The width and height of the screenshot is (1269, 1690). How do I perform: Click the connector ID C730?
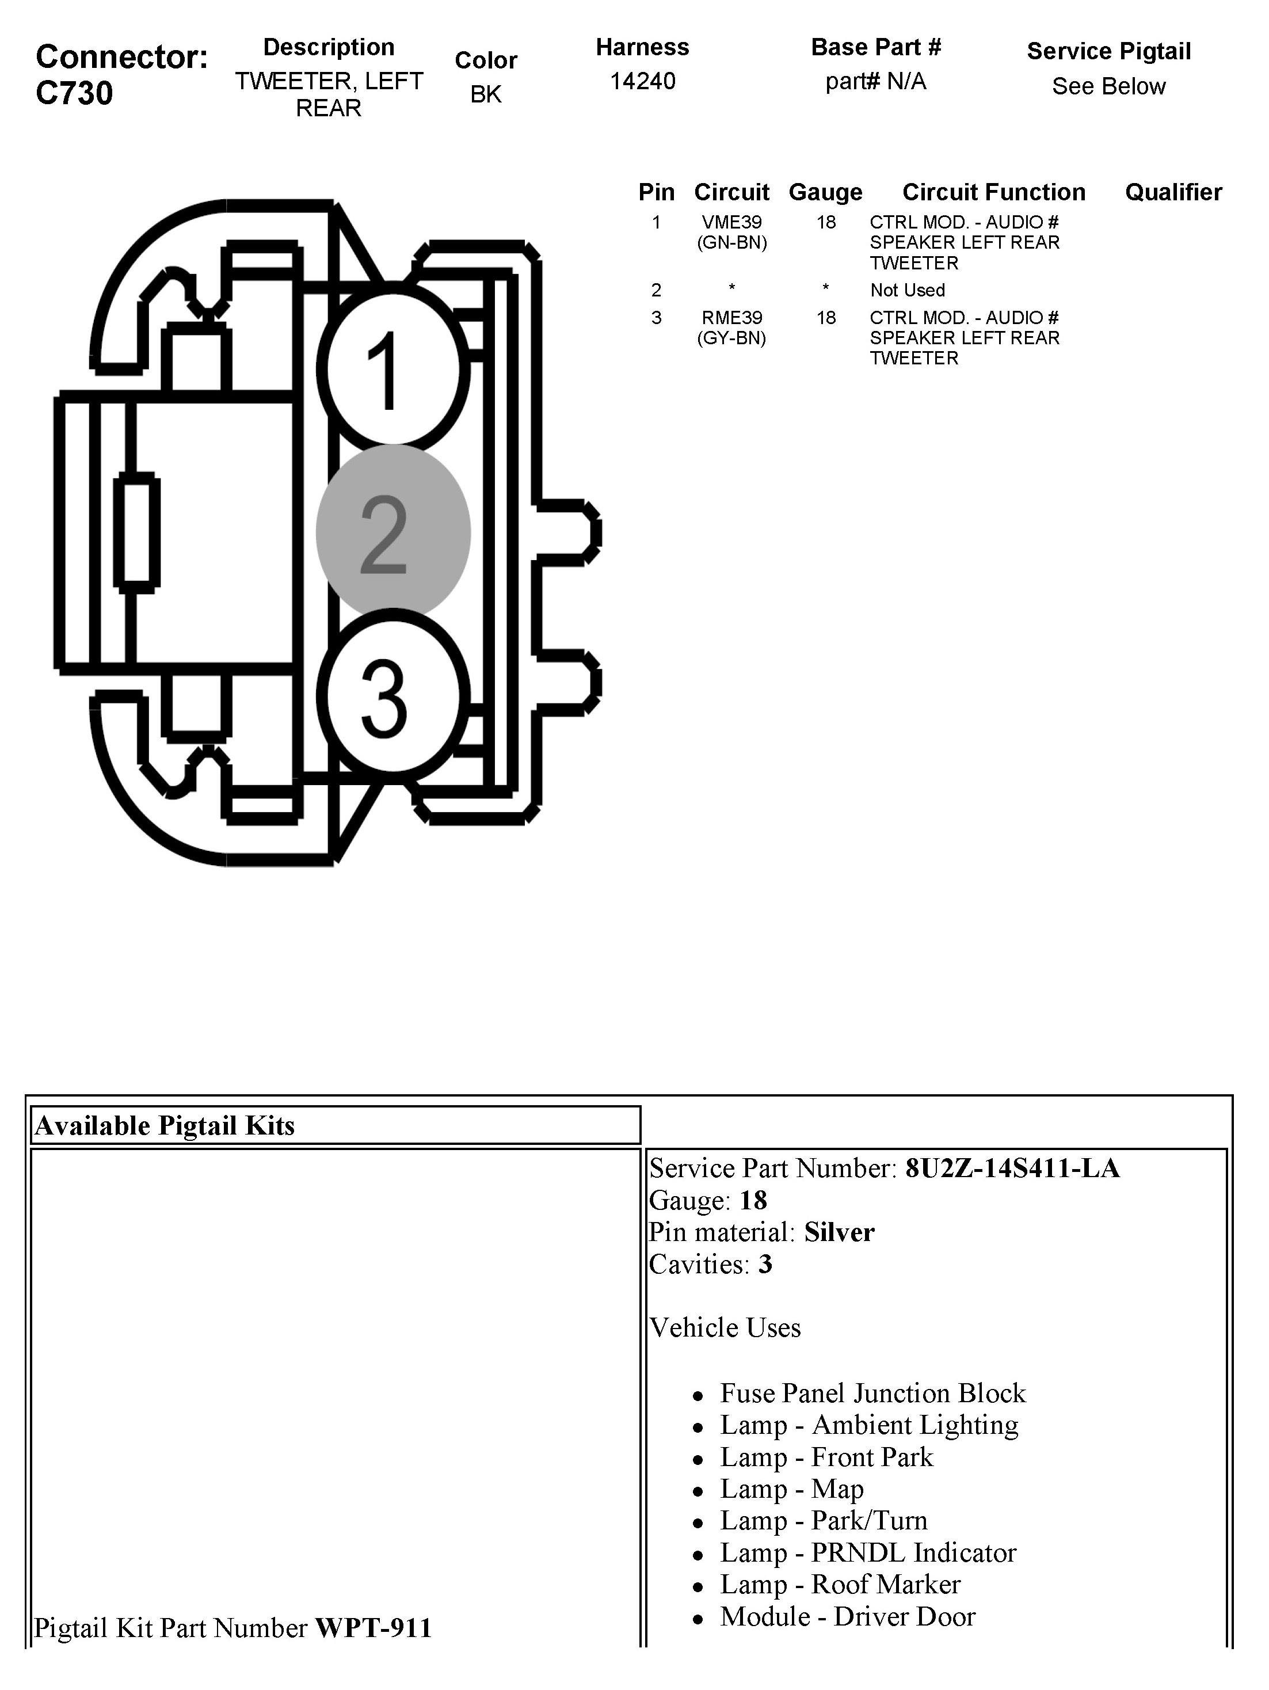[74, 93]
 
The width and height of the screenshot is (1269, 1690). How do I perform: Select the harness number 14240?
[642, 81]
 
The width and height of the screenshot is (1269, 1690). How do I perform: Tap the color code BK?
[485, 94]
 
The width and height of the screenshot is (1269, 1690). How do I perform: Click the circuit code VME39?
[731, 222]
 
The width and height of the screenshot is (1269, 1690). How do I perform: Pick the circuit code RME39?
[731, 318]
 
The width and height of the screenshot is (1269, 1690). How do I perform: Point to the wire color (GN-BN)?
[731, 243]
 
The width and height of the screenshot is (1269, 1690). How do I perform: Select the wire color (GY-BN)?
[731, 338]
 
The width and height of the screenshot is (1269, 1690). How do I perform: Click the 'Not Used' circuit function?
[907, 290]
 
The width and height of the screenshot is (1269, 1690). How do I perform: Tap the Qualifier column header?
[1173, 192]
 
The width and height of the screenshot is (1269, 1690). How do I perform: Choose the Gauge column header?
[825, 192]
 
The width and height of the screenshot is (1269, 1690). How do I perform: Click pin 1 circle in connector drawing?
[392, 369]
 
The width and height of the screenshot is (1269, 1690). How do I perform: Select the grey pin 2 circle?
[392, 533]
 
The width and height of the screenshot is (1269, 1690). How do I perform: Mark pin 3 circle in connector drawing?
[392, 697]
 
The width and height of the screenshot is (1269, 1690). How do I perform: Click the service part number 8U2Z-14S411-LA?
[1012, 1168]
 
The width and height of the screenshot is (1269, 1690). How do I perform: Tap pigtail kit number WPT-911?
[374, 1628]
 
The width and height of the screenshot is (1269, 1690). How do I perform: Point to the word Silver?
[839, 1232]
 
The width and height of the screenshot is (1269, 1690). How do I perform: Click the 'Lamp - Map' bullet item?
[791, 1489]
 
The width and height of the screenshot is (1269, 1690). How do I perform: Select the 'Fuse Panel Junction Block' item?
[872, 1394]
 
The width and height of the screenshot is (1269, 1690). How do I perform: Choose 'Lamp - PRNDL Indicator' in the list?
[867, 1553]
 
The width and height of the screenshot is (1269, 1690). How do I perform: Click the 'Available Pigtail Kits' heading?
[165, 1125]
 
